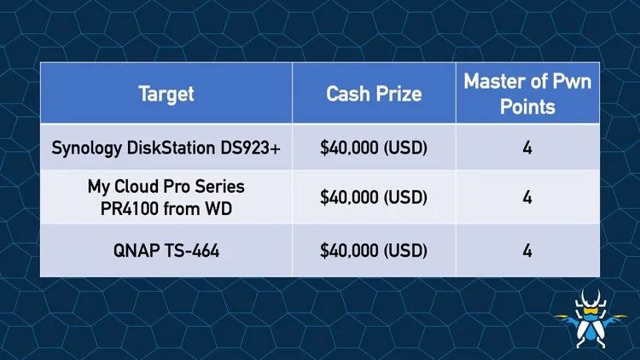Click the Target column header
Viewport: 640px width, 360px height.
166,94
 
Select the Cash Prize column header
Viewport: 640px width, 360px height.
374,94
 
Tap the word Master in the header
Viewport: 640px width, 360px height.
493,81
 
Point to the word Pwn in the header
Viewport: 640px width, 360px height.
572,81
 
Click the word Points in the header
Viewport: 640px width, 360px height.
527,107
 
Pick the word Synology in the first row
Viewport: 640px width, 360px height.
86,148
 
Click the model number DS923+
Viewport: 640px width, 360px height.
250,148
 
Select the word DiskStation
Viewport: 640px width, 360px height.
171,148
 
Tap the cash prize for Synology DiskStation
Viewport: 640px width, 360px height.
374,148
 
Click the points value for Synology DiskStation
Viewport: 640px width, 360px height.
527,148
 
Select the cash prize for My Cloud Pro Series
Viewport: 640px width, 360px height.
374,198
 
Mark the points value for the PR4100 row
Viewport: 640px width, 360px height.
527,198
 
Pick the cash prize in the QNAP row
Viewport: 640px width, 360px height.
374,250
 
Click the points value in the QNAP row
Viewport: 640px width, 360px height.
527,250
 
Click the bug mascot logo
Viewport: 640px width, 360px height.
591,319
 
